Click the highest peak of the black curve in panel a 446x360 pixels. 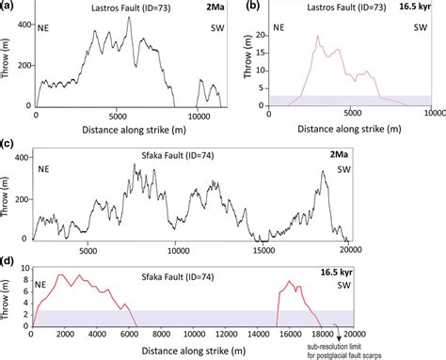point(129,18)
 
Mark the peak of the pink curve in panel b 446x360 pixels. point(318,37)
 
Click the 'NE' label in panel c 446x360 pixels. point(43,170)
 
